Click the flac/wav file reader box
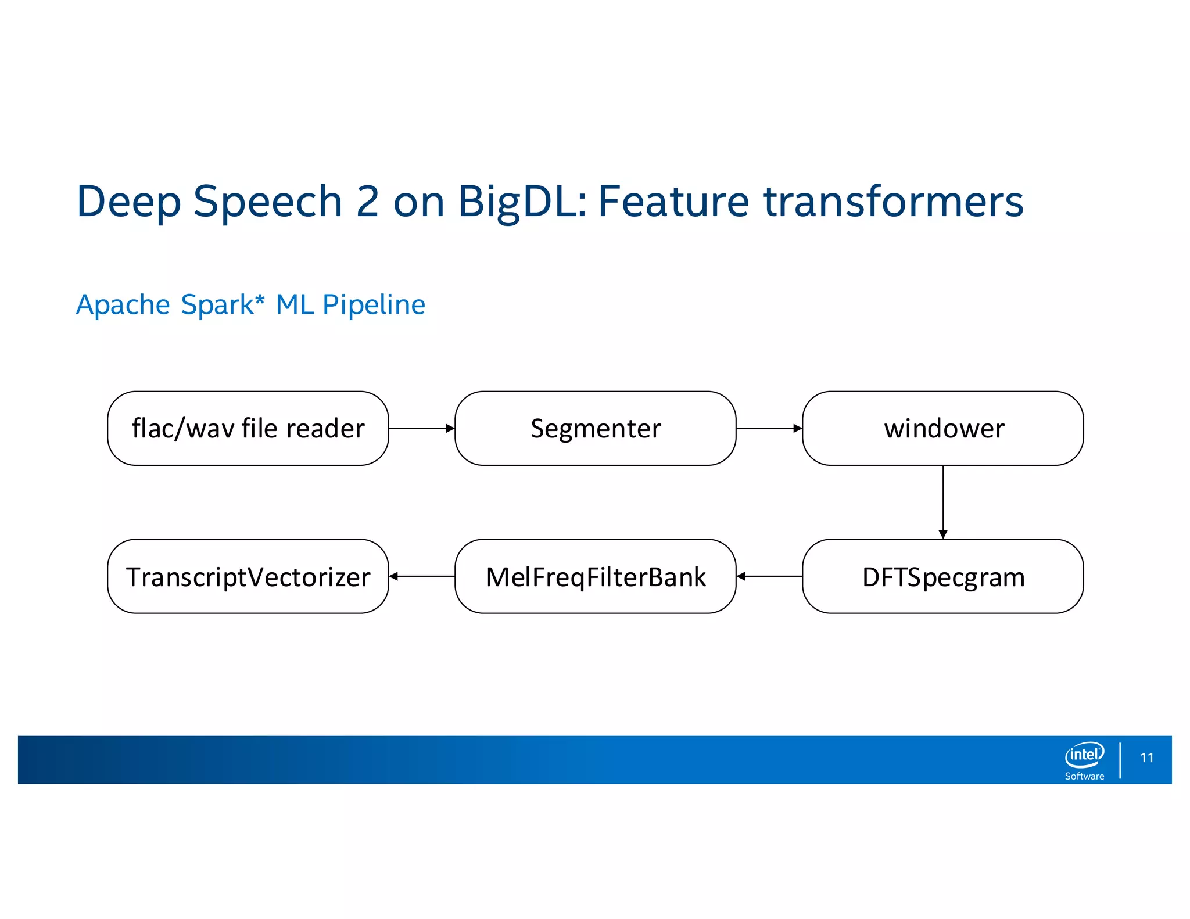pyautogui.click(x=248, y=428)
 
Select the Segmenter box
pyautogui.click(x=595, y=428)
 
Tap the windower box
pyautogui.click(x=942, y=428)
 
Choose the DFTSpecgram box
pyautogui.click(x=942, y=576)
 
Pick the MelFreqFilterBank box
pyautogui.click(x=595, y=576)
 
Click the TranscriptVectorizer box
pyautogui.click(x=248, y=576)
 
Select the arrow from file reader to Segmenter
pyautogui.click(x=421, y=428)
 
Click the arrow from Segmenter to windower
pyautogui.click(x=769, y=428)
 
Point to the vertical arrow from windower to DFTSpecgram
pyautogui.click(x=942, y=502)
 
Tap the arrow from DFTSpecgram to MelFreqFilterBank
pyautogui.click(x=769, y=576)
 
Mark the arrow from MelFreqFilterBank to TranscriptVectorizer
pyautogui.click(x=421, y=576)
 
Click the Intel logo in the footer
pyautogui.click(x=1084, y=755)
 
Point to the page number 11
pyautogui.click(x=1146, y=758)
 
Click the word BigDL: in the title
pyautogui.click(x=522, y=202)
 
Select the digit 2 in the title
pyautogui.click(x=368, y=202)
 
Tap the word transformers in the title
pyautogui.click(x=893, y=202)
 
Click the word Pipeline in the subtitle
pyautogui.click(x=374, y=305)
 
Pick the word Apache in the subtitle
pyautogui.click(x=123, y=305)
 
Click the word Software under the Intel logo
pyautogui.click(x=1084, y=776)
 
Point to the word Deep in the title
pyautogui.click(x=128, y=202)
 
